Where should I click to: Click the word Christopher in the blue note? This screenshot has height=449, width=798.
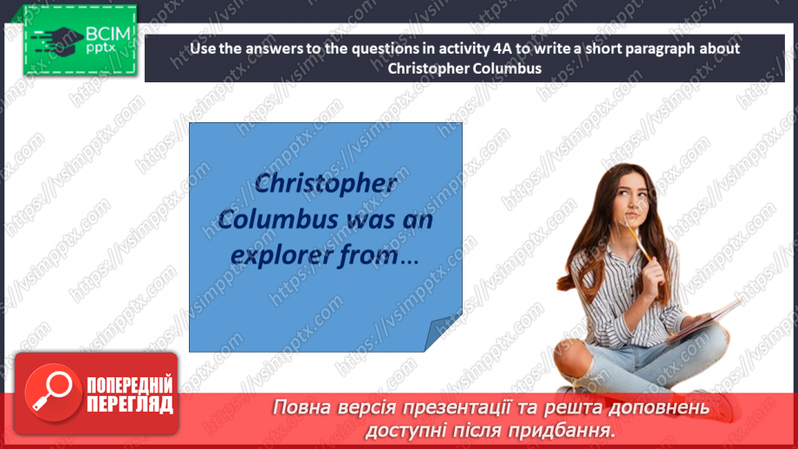pyautogui.click(x=327, y=184)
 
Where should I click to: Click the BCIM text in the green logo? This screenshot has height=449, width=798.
pyautogui.click(x=107, y=36)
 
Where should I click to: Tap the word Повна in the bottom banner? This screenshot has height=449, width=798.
pyautogui.click(x=307, y=407)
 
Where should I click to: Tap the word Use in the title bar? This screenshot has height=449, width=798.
pyautogui.click(x=201, y=49)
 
